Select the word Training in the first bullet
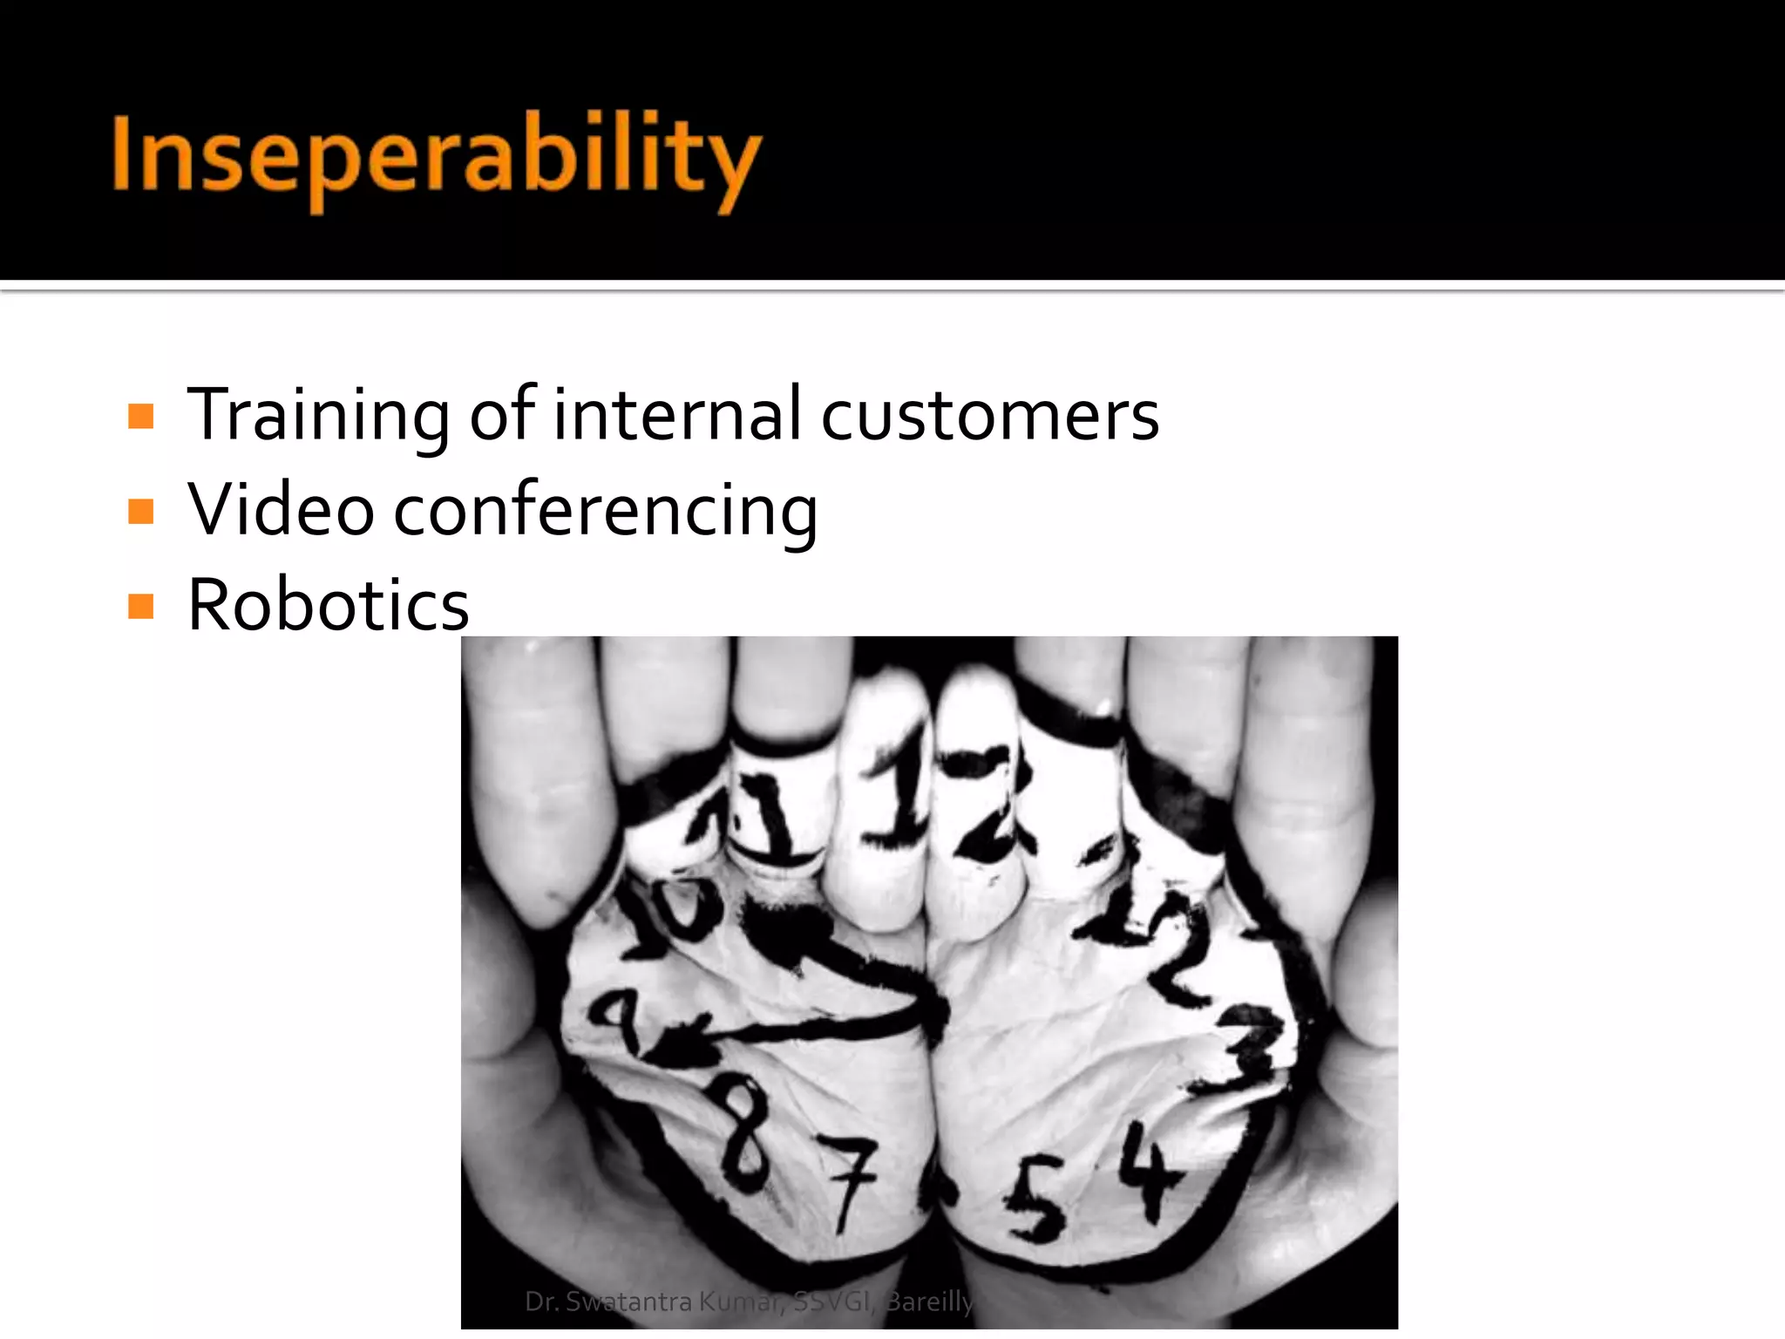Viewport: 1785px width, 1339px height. pyautogui.click(x=318, y=416)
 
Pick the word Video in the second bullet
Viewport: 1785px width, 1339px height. pyautogui.click(x=281, y=510)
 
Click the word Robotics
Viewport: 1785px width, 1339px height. pyautogui.click(x=329, y=605)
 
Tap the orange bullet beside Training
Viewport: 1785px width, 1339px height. pyautogui.click(x=140, y=416)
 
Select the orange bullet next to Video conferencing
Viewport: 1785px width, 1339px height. pyautogui.click(x=140, y=511)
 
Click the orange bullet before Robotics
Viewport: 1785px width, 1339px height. pyautogui.click(x=140, y=606)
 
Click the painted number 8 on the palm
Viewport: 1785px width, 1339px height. pyautogui.click(x=746, y=1133)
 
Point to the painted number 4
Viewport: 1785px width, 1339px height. pyautogui.click(x=1150, y=1172)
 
